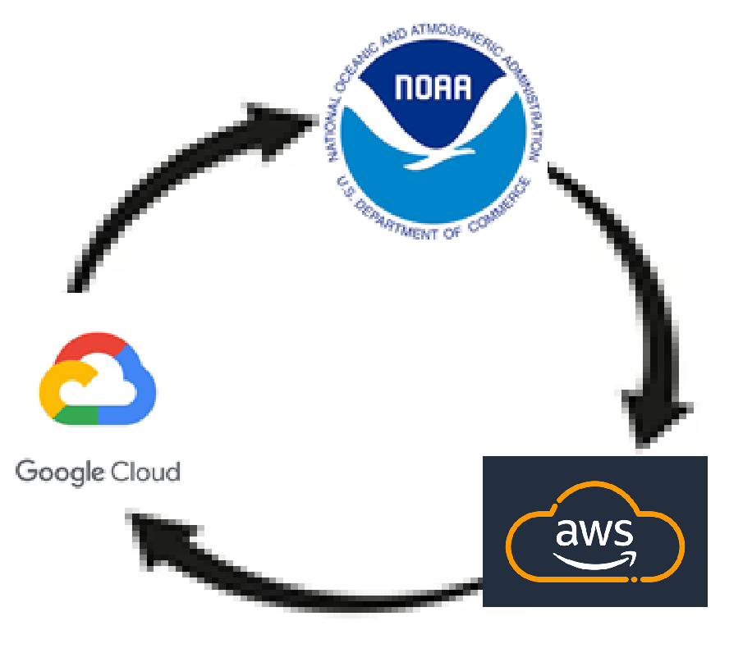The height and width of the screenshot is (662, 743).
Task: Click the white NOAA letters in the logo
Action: pyautogui.click(x=433, y=88)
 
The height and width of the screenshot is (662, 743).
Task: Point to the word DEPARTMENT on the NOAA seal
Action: pyautogui.click(x=396, y=222)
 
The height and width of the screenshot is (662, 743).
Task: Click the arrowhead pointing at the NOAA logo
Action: pyautogui.click(x=282, y=128)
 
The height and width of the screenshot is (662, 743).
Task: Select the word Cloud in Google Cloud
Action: pyautogui.click(x=145, y=471)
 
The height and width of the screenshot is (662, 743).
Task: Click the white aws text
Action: pyautogui.click(x=594, y=532)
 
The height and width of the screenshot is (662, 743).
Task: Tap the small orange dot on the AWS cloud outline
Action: pyautogui.click(x=634, y=579)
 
